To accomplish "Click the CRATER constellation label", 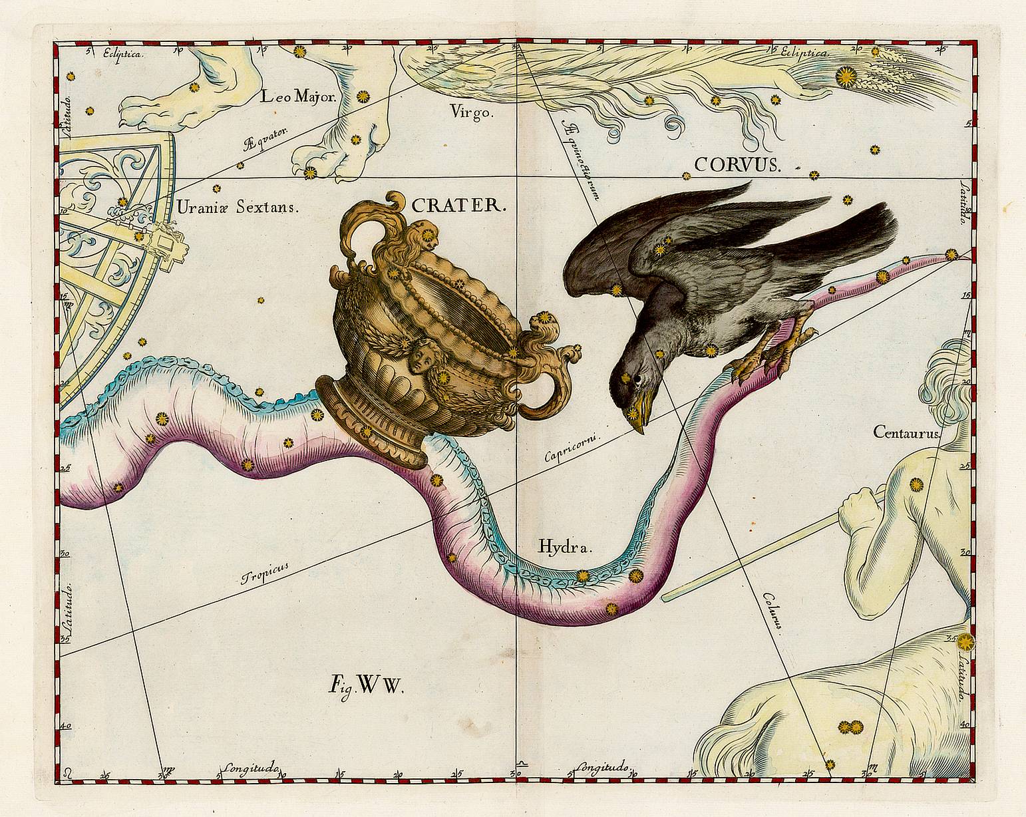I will click(459, 205).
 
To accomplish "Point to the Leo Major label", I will click(299, 98).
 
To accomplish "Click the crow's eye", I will click(636, 379).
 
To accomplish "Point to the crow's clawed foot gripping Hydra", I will click(772, 353).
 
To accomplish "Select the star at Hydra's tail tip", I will click(951, 254).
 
